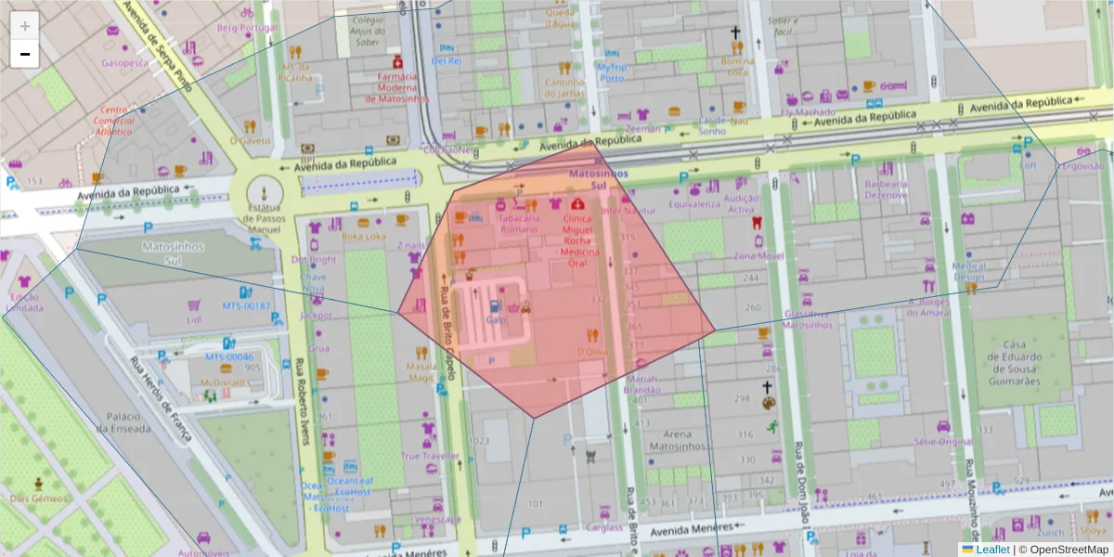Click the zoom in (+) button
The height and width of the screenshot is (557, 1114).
point(25,26)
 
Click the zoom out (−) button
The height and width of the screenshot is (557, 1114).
point(25,54)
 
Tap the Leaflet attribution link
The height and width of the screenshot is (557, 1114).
point(991,550)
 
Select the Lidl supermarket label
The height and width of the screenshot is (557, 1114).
point(194,319)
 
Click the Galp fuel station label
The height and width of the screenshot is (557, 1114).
point(496,319)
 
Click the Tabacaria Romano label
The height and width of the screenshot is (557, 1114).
point(518,223)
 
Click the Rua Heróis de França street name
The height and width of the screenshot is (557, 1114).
point(160,398)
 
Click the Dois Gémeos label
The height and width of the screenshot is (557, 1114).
point(39,498)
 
